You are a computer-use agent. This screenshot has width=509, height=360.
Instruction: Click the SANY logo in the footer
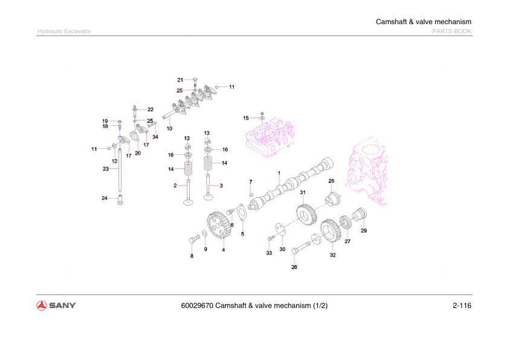(56, 305)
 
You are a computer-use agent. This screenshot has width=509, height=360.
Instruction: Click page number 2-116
(461, 305)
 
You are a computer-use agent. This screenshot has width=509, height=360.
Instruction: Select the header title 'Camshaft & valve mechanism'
(423, 22)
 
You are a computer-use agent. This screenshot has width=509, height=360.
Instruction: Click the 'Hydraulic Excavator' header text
(64, 31)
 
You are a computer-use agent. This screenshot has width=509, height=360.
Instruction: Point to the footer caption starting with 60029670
(254, 305)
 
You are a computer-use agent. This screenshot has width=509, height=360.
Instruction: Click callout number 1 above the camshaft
(279, 173)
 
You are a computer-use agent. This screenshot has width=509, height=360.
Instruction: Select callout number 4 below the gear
(223, 249)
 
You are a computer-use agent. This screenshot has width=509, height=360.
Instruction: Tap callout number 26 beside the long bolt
(294, 267)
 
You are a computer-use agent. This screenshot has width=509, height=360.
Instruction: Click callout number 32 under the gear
(332, 255)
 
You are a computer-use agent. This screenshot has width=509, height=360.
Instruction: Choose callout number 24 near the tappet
(104, 198)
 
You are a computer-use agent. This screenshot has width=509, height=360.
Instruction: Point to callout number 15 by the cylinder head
(246, 117)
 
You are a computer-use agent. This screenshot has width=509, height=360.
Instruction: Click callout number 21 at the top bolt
(180, 80)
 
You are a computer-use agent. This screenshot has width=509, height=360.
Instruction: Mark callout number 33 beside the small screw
(269, 254)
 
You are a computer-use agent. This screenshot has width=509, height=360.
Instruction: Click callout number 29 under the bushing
(364, 231)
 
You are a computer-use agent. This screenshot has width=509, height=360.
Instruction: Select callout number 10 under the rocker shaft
(169, 128)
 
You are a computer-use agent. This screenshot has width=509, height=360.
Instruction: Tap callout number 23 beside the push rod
(105, 169)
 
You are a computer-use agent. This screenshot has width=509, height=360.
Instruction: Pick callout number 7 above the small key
(251, 182)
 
